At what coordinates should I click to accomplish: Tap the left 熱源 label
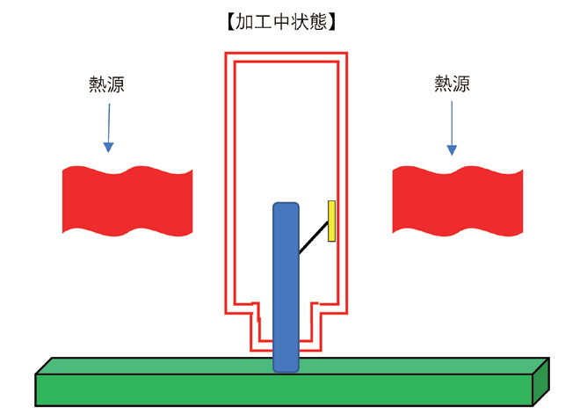(x=107, y=84)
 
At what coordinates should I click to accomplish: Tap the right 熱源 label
(x=452, y=84)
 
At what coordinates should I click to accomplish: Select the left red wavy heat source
(x=127, y=200)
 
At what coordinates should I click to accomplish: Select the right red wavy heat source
(x=457, y=200)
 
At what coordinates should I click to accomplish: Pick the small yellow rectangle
(x=332, y=221)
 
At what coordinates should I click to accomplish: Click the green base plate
(x=264, y=387)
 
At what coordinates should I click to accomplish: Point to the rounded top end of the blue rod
(x=286, y=207)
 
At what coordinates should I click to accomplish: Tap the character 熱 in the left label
(x=98, y=84)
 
